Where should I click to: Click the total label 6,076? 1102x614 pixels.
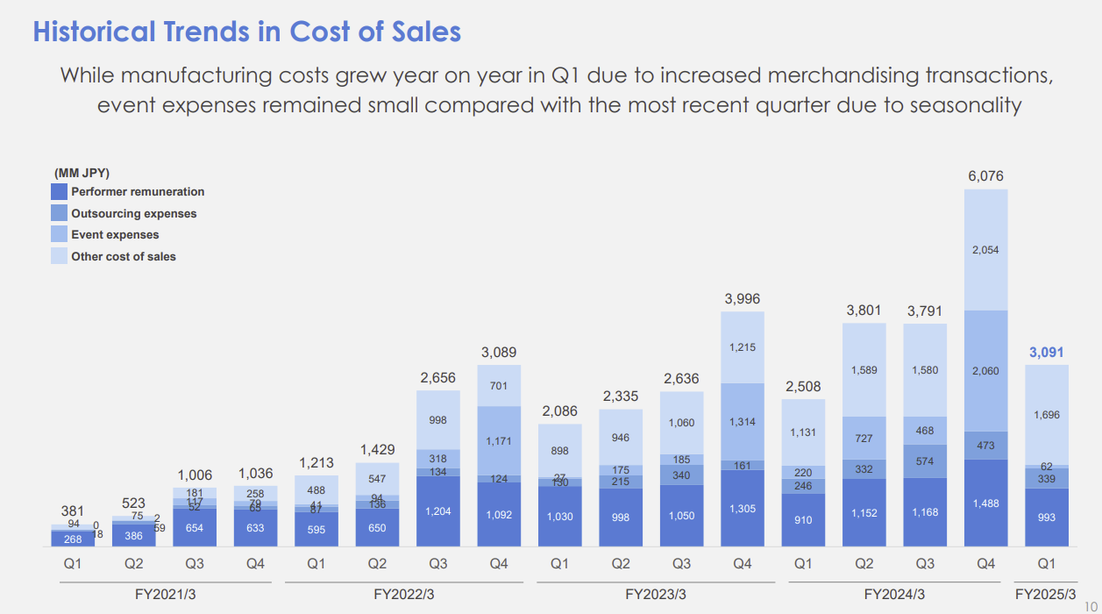coord(985,176)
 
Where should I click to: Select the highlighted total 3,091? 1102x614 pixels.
coord(1046,353)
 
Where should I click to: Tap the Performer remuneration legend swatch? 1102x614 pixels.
coord(59,191)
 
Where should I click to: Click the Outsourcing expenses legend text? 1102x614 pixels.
coord(133,213)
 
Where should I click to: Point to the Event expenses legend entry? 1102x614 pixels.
coord(115,234)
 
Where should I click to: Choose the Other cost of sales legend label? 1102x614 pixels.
coord(124,256)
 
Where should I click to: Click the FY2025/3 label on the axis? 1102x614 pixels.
coord(1046,595)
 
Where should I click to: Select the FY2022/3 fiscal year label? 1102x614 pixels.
coord(404,595)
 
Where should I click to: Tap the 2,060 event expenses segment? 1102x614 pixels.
coord(985,371)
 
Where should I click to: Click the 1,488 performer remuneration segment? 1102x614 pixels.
coord(985,503)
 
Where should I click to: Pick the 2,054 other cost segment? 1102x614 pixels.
coord(985,250)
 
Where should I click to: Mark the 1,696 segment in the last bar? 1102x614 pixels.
coord(1046,414)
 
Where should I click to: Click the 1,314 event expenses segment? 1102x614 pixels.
coord(743,422)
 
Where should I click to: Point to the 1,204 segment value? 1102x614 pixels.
coord(438,511)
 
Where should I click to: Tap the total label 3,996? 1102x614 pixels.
coord(743,299)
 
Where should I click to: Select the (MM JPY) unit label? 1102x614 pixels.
coord(82,173)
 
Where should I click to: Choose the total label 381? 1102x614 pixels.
coord(73,510)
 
